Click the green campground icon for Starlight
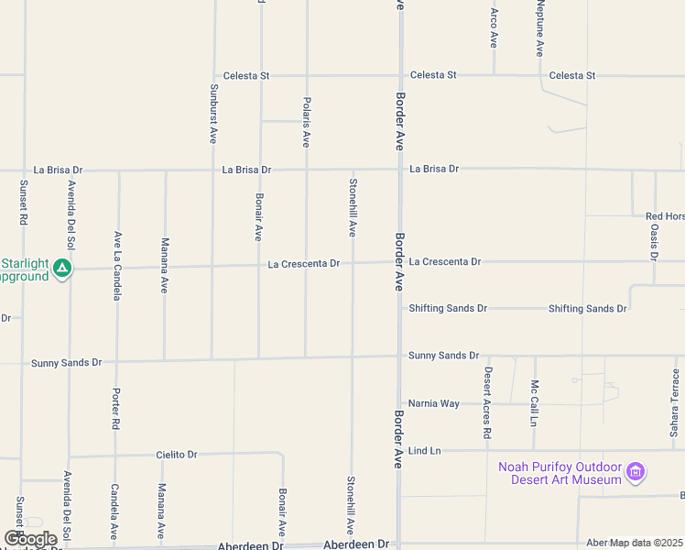(x=62, y=269)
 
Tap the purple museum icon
(x=636, y=474)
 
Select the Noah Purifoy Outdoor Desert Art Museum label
(x=560, y=473)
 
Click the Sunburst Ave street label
(x=213, y=113)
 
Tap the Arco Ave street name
(x=494, y=28)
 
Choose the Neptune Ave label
(x=540, y=28)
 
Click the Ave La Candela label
(x=117, y=266)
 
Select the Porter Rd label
(x=116, y=410)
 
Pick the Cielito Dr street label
(x=177, y=455)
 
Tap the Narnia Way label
(x=434, y=403)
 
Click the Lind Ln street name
(x=425, y=451)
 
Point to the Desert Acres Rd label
(x=487, y=402)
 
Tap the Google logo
(x=30, y=539)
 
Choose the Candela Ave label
(x=114, y=511)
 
